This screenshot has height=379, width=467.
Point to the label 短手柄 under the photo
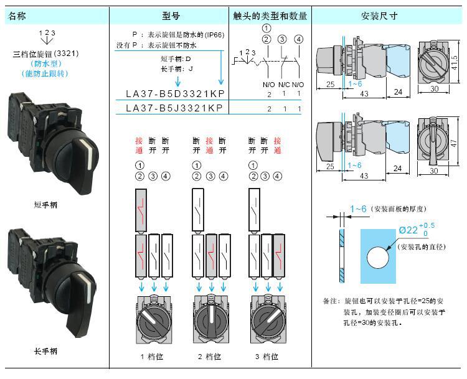coord(46,205)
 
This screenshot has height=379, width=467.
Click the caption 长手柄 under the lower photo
coord(46,352)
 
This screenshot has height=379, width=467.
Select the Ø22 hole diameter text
coord(408,230)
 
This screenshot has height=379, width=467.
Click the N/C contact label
coord(284,84)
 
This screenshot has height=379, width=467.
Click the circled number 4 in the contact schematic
coord(298,40)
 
